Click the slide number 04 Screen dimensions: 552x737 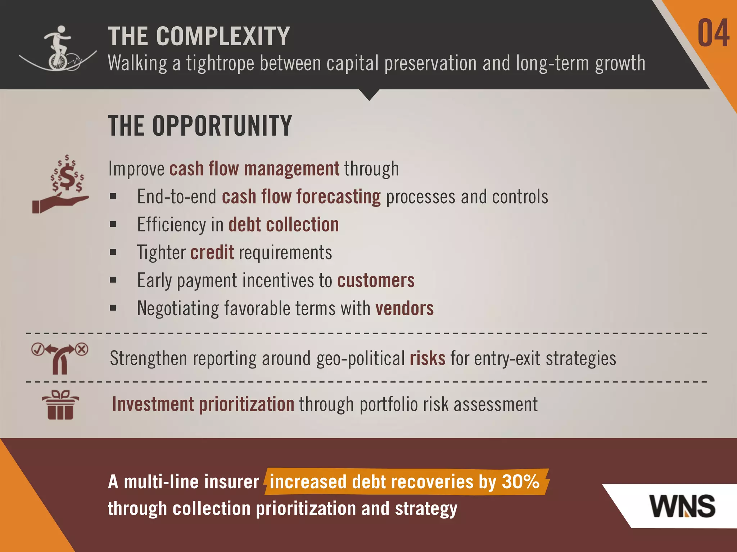713,33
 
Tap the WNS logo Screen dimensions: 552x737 683,506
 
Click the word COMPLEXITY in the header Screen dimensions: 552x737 223,36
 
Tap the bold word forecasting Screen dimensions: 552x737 339,197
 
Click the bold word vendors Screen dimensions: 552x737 404,308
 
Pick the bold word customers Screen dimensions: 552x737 376,280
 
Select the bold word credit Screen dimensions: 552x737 212,252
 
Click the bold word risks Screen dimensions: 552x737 427,358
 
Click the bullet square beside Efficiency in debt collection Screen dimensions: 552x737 113,225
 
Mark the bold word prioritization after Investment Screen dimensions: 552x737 247,404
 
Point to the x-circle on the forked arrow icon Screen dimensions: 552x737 82,349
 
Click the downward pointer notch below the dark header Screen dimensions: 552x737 369,95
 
